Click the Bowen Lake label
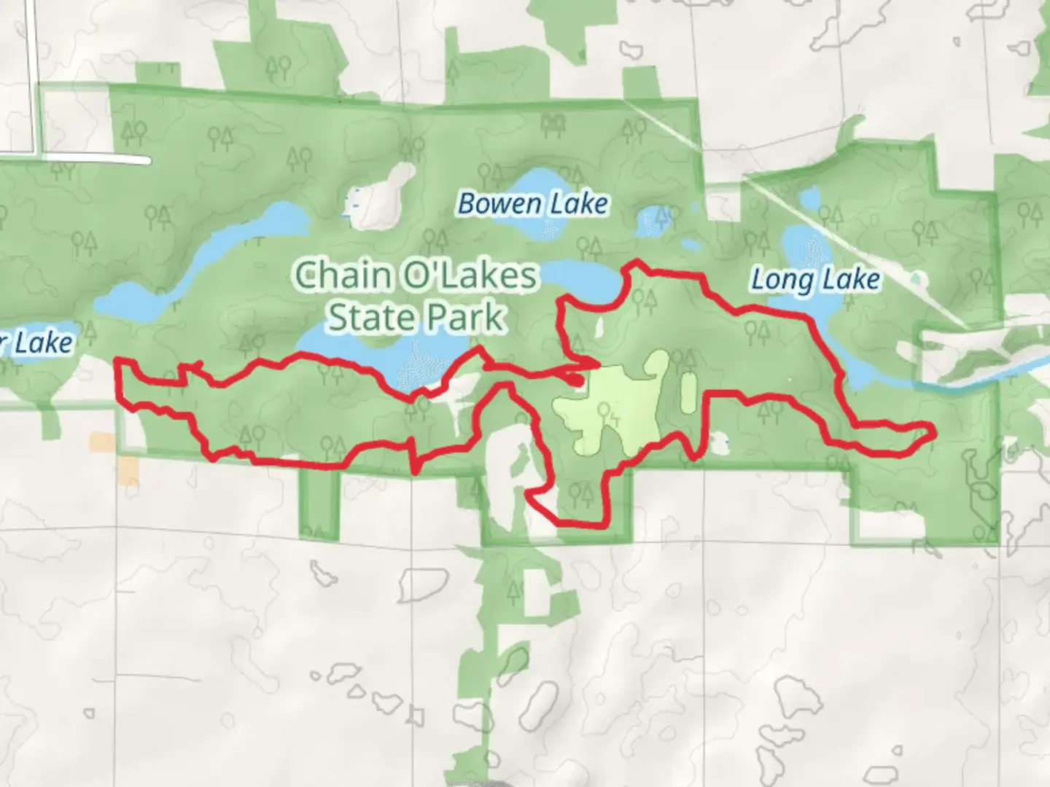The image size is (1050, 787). [x=532, y=204]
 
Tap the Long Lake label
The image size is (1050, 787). [x=815, y=280]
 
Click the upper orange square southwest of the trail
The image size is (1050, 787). [x=102, y=442]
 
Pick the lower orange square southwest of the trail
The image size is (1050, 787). [x=128, y=471]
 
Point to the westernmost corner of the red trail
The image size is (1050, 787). [x=118, y=361]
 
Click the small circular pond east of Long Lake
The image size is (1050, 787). [x=917, y=278]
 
